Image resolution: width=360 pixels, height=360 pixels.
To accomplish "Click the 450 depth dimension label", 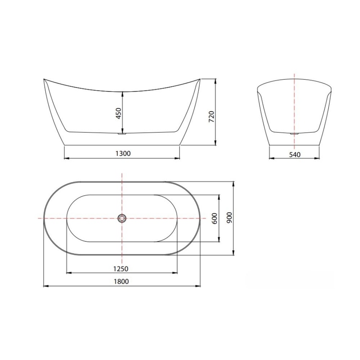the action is pyautogui.click(x=119, y=113).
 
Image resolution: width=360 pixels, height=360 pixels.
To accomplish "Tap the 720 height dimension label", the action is pyautogui.click(x=211, y=116).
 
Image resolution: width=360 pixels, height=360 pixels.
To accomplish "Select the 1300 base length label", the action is pyautogui.click(x=123, y=153).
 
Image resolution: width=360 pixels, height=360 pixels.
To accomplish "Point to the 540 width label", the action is pyautogui.click(x=295, y=155).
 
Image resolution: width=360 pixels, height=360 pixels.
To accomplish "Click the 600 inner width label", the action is pyautogui.click(x=214, y=219).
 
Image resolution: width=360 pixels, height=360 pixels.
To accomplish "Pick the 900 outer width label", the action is pyautogui.click(x=230, y=218).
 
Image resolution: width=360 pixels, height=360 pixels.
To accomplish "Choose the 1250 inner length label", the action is pyautogui.click(x=121, y=269).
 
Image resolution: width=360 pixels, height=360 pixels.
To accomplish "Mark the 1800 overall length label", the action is pyautogui.click(x=122, y=281).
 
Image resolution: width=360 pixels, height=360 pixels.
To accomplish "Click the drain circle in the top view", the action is pyautogui.click(x=122, y=218).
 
